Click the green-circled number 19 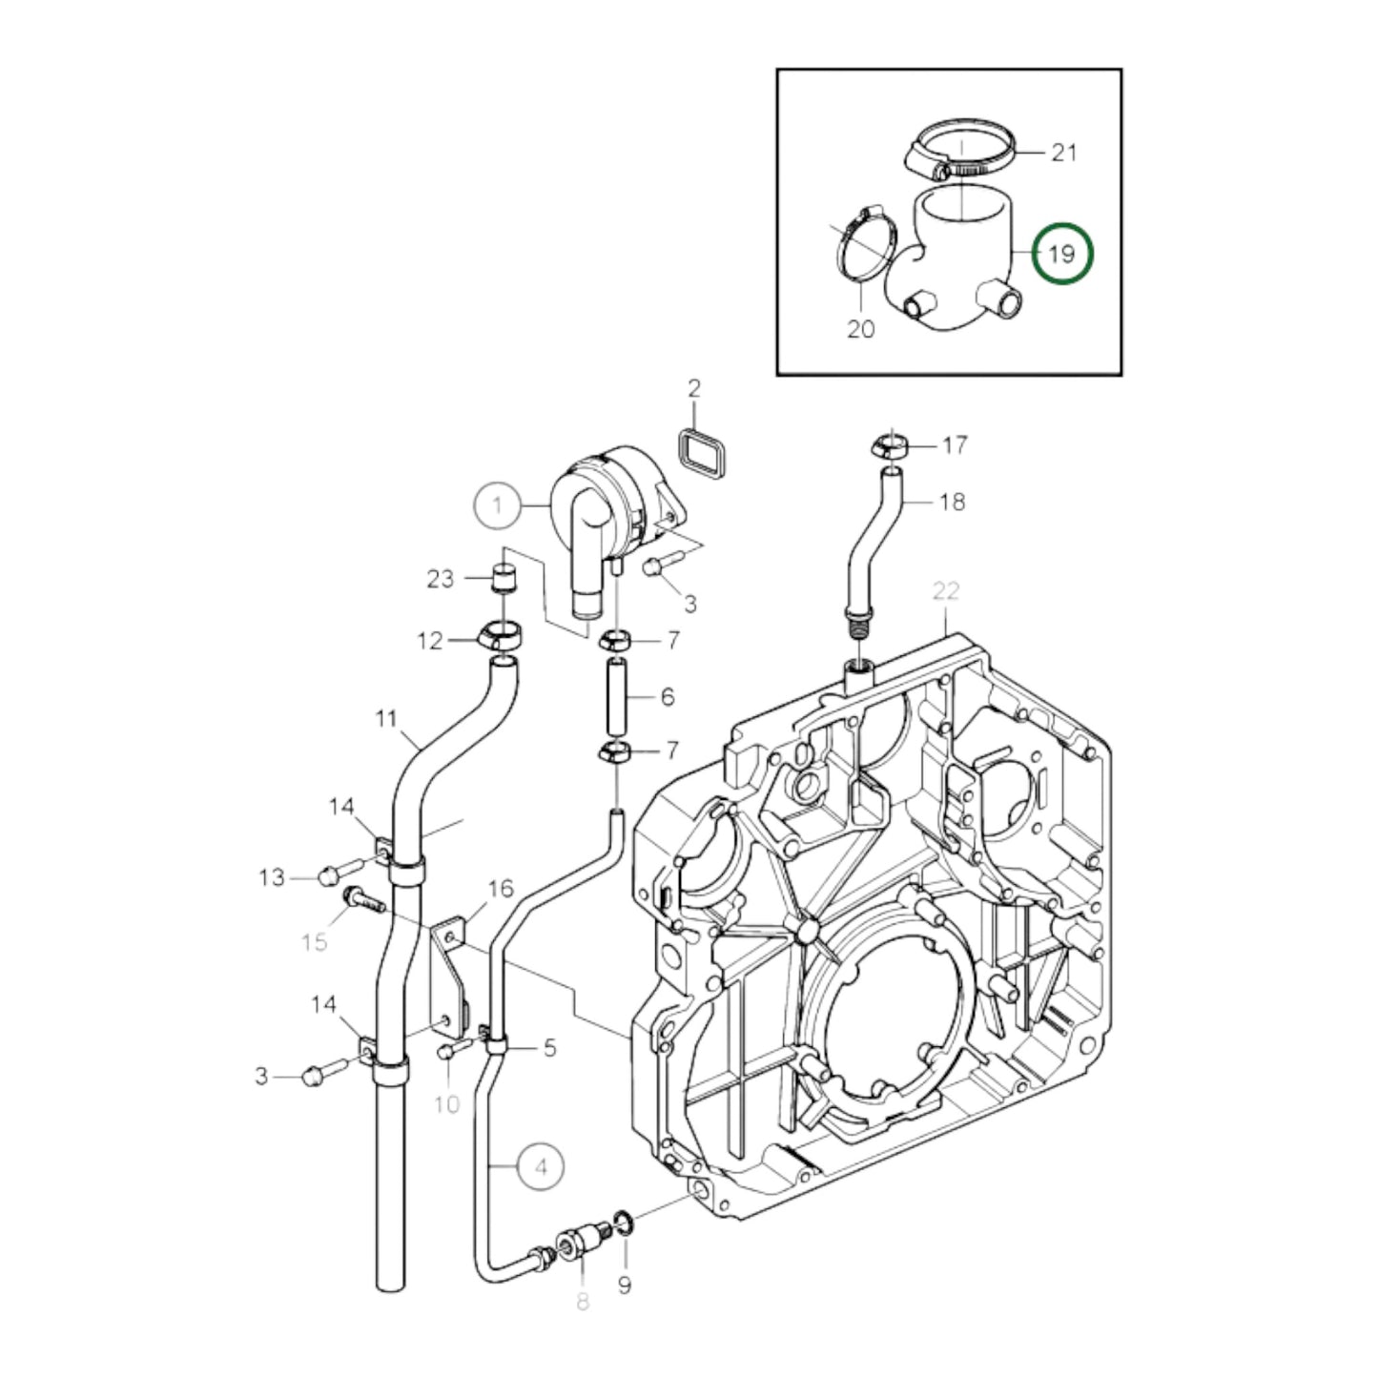point(1061,253)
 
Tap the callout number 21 point(1063,152)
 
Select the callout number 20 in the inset point(860,329)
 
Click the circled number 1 point(498,505)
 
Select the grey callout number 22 point(945,590)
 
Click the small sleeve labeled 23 point(503,578)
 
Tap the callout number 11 point(385,717)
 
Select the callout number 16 point(501,890)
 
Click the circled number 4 point(542,1166)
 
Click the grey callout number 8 point(583,1300)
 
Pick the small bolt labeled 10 point(445,1051)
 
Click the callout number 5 point(549,1048)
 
